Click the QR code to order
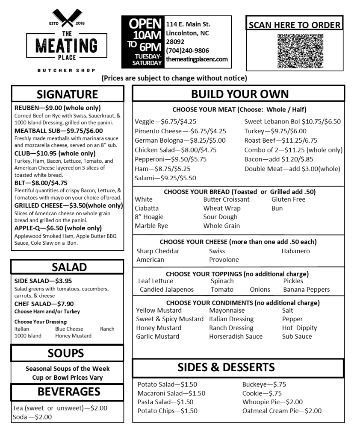[295, 51]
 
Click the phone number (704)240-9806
[184, 50]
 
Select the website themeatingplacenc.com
[197, 59]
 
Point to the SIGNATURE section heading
[67, 94]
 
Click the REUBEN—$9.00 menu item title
[58, 108]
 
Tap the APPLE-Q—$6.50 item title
[58, 228]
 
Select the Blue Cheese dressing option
[69, 329]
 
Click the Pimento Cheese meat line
[180, 131]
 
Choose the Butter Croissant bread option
[226, 199]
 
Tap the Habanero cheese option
[295, 251]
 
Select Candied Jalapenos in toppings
[166, 289]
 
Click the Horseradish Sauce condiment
[236, 336]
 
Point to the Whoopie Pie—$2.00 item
[272, 402]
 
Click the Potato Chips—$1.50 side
[167, 411]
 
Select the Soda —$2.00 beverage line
[32, 417]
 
